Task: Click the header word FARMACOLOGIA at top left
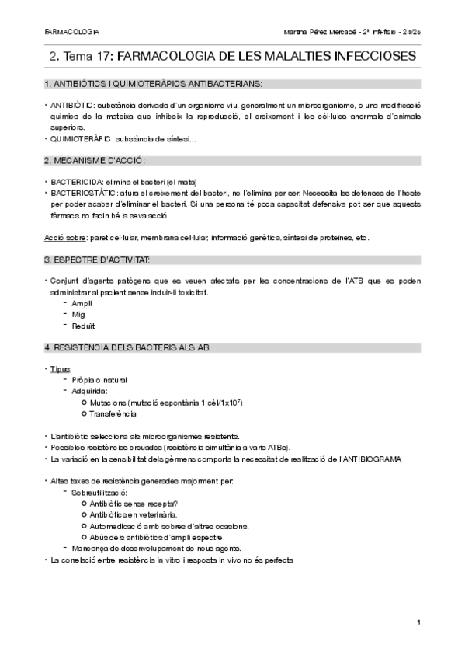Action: (66, 32)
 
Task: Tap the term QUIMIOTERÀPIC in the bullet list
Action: (81, 139)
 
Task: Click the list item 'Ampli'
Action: (82, 302)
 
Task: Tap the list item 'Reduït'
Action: (83, 326)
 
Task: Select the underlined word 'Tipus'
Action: (60, 368)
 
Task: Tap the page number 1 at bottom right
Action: (418, 622)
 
